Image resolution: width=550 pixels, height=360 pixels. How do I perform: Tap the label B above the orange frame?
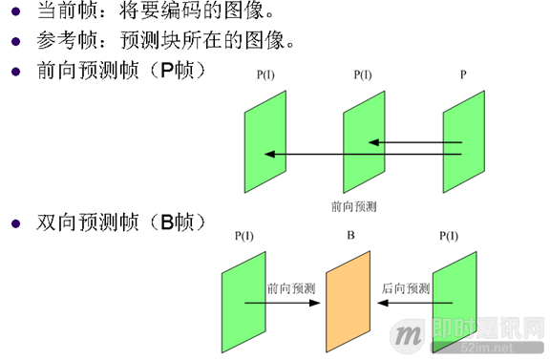pyautogui.click(x=350, y=233)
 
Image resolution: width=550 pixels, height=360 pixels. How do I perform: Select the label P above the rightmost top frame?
pyautogui.click(x=463, y=73)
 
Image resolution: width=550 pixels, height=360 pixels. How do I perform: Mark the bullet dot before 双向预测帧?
pyautogui.click(x=15, y=223)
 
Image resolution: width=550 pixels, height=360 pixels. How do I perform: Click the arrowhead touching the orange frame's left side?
pyautogui.click(x=321, y=304)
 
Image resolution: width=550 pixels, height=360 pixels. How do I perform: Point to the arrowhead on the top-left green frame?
pyautogui.click(x=269, y=154)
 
